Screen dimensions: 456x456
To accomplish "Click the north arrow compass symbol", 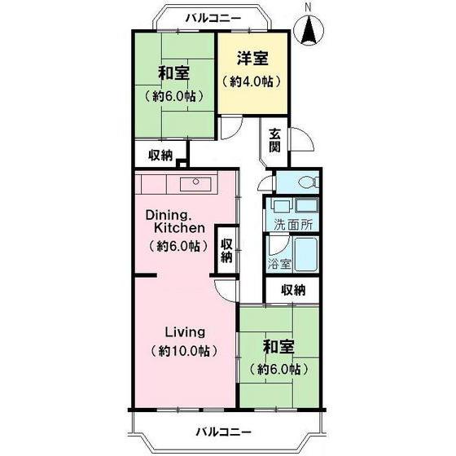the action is (309, 30).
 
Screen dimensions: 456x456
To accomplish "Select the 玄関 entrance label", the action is (274, 140).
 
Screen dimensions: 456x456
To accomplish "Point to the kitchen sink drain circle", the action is (195, 182).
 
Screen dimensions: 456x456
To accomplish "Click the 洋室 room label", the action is (252, 58).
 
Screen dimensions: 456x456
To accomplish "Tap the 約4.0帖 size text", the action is (252, 81).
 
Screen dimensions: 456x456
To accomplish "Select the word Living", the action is (186, 332).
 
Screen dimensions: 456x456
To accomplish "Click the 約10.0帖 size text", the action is (184, 351).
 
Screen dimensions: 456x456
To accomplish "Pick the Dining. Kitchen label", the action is (175, 221).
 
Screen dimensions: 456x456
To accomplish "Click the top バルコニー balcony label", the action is (213, 19).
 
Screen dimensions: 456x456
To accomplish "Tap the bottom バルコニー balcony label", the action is (223, 432).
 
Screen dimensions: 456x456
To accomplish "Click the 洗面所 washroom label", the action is (293, 226).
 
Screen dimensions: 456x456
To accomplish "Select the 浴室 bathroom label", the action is (279, 264).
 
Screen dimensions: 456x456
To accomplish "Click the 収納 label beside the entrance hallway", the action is (160, 156).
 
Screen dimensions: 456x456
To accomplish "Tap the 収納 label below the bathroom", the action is (293, 290).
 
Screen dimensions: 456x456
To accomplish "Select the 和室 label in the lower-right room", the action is (278, 347).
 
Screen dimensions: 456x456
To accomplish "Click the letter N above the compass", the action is (308, 8).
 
